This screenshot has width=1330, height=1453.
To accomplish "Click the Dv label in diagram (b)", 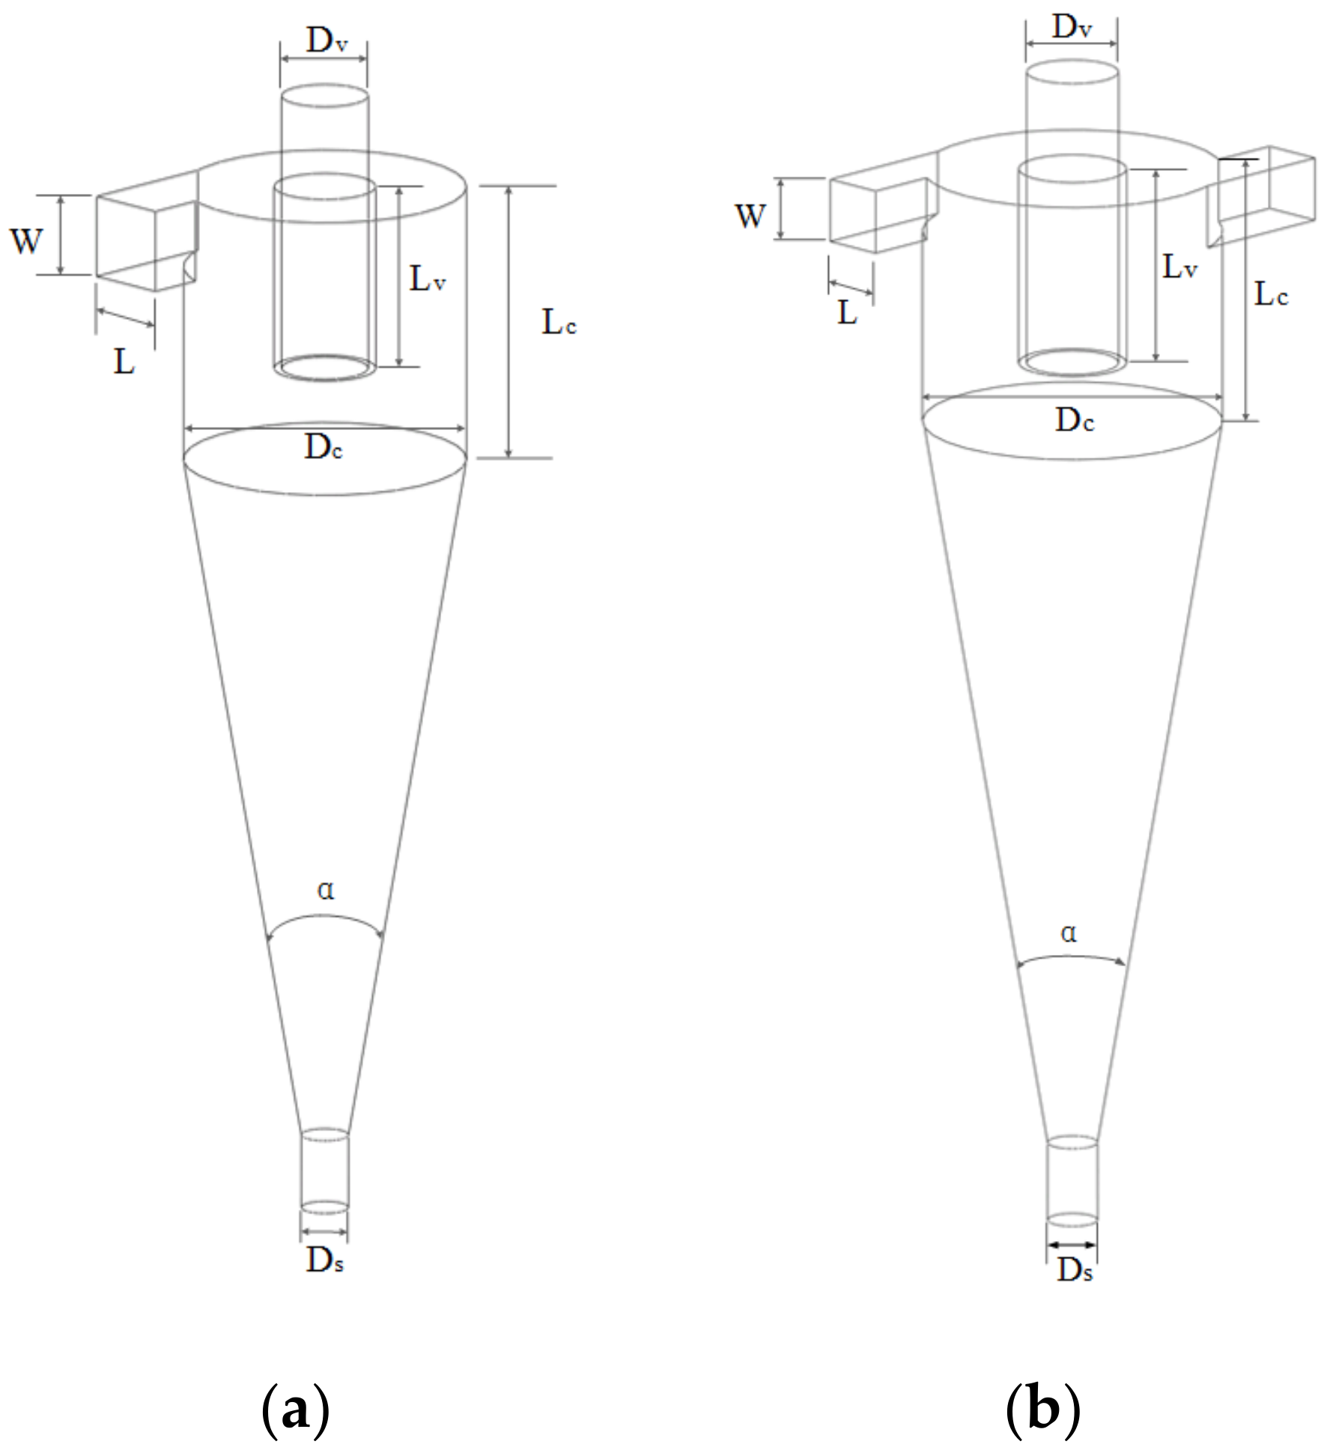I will [x=1072, y=28].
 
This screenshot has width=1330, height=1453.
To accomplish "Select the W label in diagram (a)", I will [x=26, y=241].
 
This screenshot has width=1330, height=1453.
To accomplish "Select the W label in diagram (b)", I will [x=750, y=216].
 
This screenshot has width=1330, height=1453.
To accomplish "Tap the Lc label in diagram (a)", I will [x=559, y=324].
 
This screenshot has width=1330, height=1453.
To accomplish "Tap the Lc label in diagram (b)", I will [x=1272, y=295].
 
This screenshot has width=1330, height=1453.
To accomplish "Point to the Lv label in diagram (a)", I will [x=428, y=280].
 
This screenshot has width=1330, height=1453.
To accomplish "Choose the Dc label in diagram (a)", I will [x=324, y=449].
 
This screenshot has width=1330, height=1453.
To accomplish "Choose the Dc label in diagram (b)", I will [x=1075, y=422].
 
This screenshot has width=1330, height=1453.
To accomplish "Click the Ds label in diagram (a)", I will [x=324, y=1262].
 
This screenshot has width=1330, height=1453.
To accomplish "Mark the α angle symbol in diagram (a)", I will [x=325, y=891].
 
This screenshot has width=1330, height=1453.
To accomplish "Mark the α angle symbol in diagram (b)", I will [x=1069, y=934].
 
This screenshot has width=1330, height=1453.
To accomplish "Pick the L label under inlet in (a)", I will [x=124, y=363].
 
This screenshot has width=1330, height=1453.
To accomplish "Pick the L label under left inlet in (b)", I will [x=846, y=314].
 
